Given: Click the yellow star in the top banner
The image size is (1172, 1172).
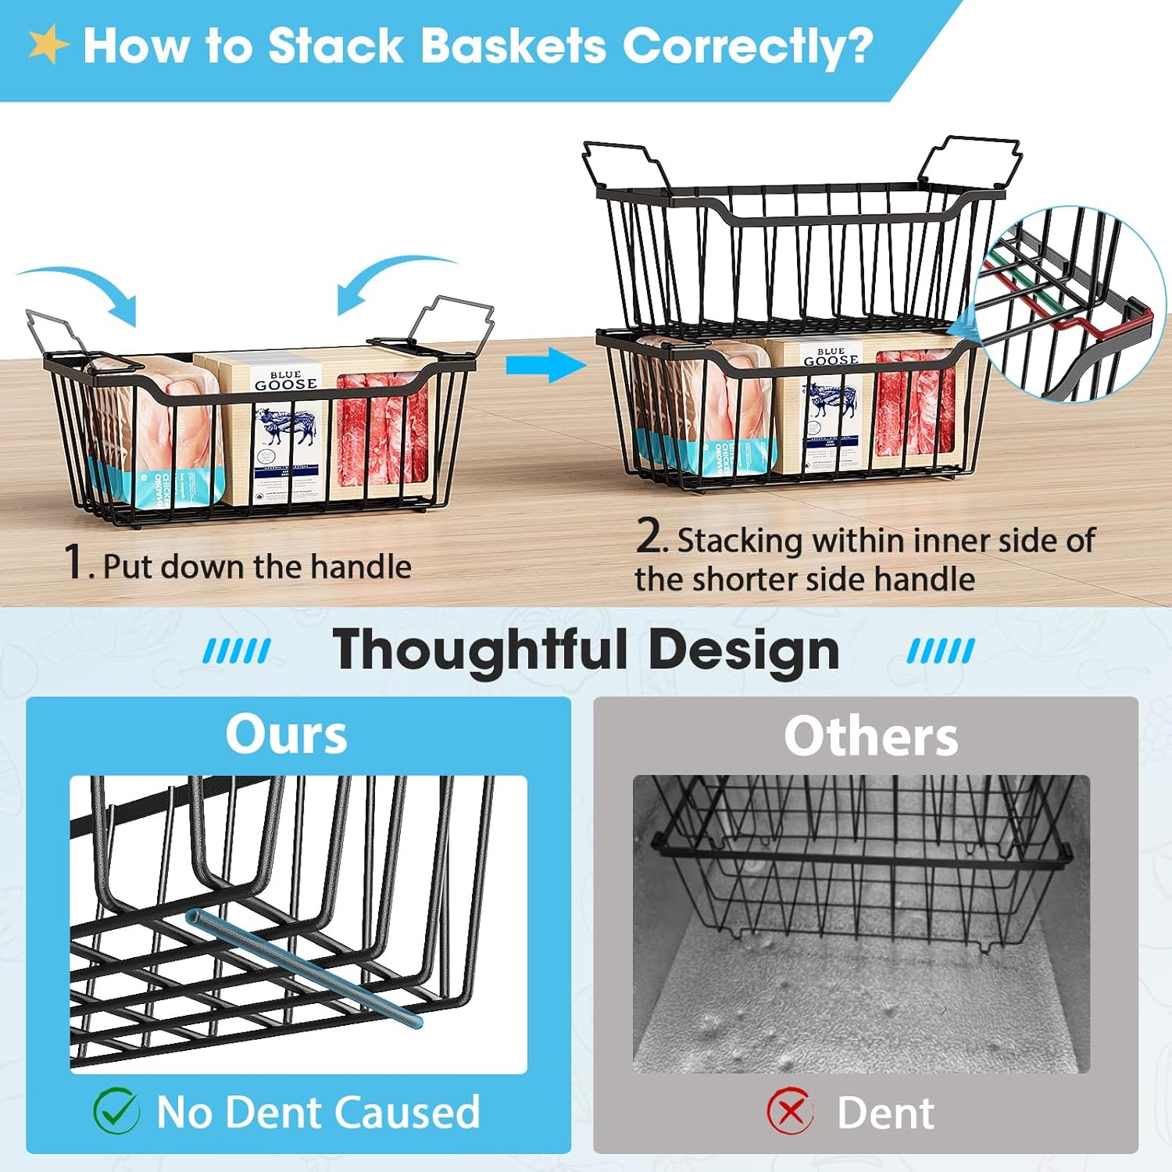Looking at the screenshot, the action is [48, 45].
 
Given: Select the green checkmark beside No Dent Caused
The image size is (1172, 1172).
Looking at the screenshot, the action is [116, 1111].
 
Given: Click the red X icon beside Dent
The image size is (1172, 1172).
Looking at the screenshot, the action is [790, 1111].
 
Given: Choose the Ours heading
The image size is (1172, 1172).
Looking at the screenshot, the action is [286, 735].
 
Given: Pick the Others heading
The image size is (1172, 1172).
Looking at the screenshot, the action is [870, 737].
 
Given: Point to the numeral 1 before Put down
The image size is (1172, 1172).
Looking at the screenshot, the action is [74, 562].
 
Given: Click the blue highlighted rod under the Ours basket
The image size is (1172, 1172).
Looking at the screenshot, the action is [305, 969].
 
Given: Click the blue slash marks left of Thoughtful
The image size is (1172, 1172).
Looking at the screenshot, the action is [236, 651].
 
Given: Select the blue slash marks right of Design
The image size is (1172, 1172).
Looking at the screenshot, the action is [941, 651].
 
